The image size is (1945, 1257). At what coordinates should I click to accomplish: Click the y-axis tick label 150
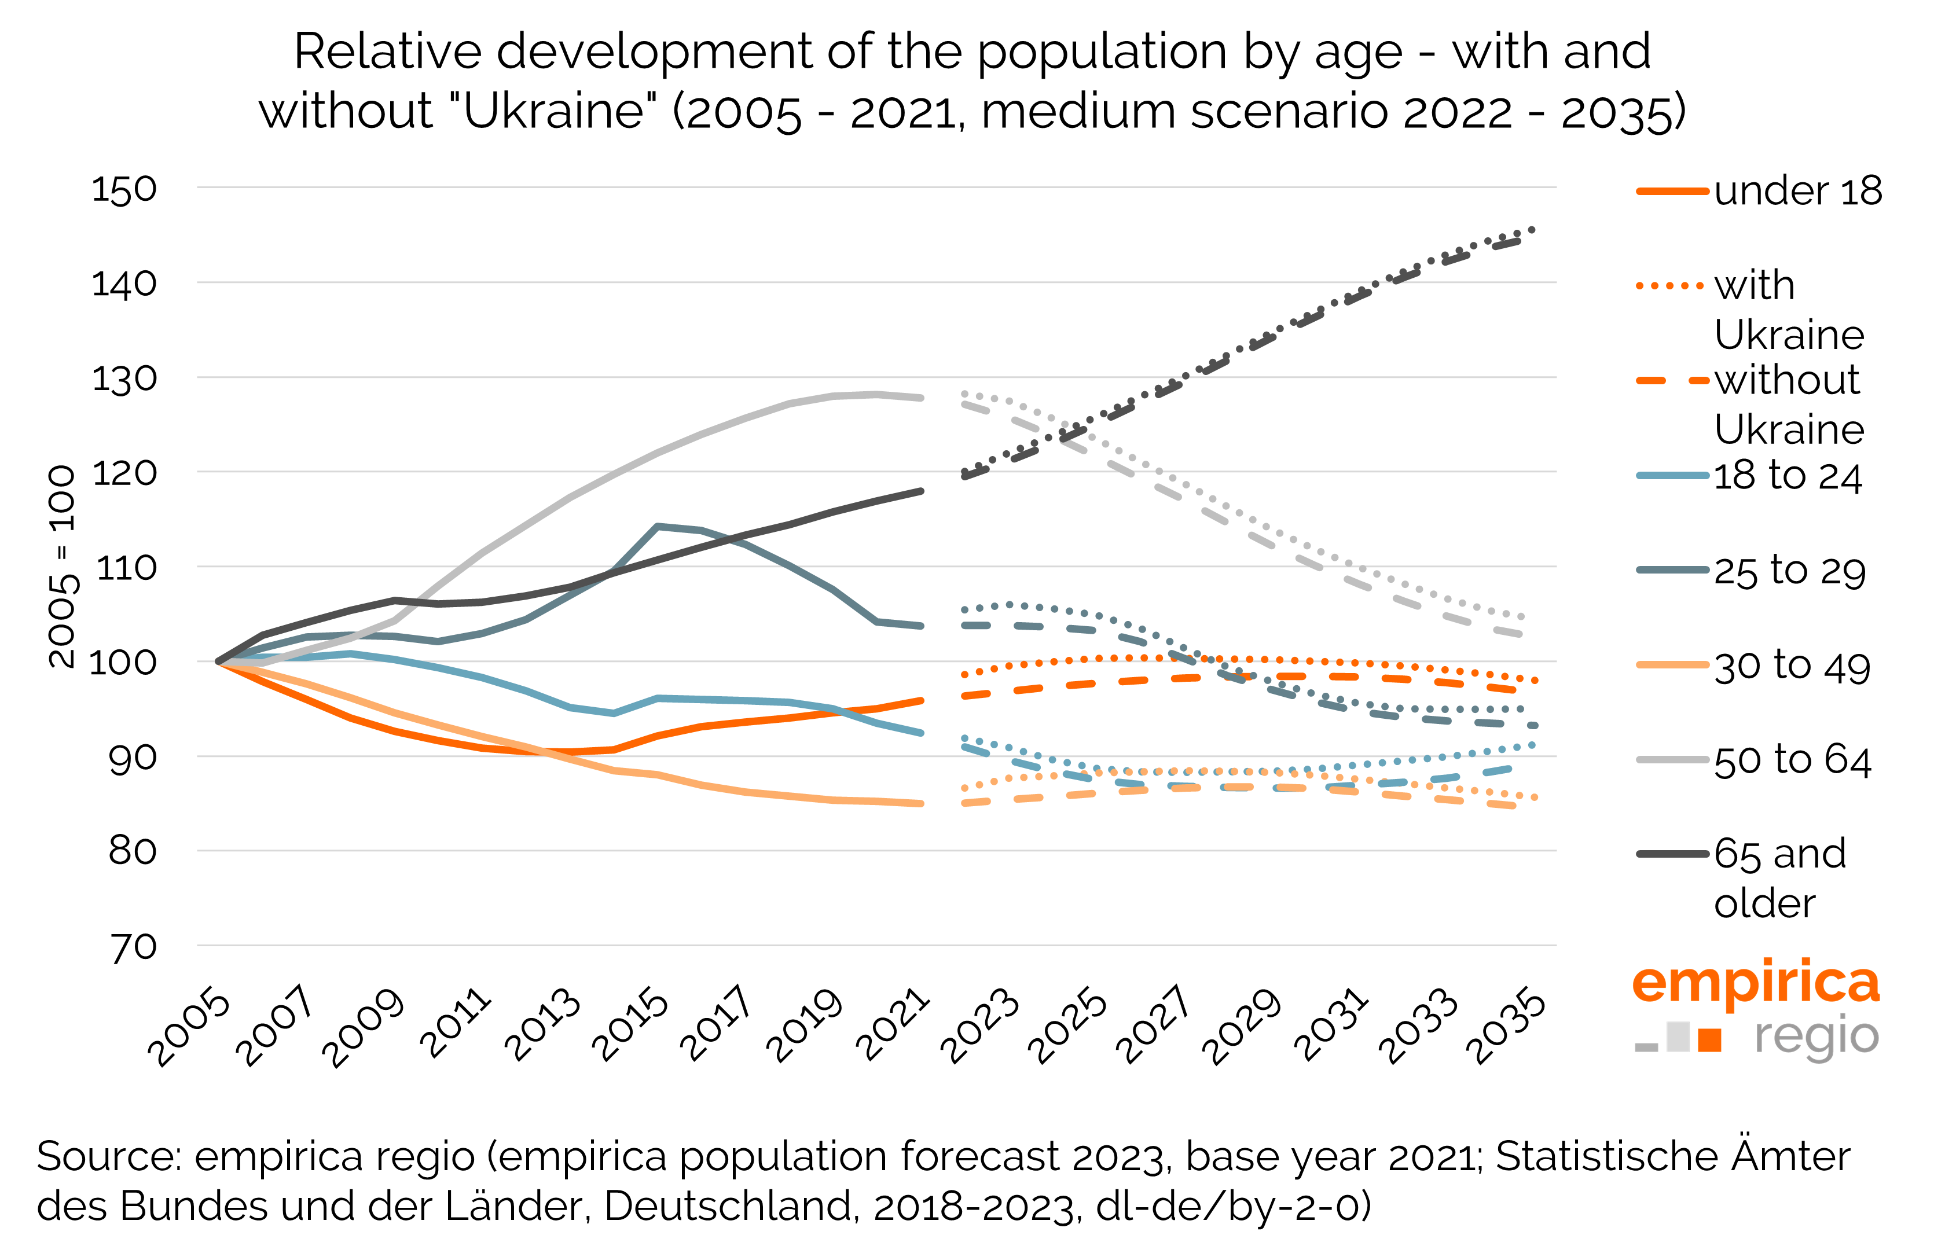124,189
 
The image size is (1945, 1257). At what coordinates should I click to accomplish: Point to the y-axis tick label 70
134,947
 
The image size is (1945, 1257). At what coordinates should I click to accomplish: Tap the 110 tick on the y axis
127,568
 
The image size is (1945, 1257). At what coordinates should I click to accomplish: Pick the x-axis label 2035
1505,1026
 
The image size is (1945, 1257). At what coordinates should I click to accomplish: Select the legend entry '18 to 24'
1788,476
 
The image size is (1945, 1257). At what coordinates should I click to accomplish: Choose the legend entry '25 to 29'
1789,571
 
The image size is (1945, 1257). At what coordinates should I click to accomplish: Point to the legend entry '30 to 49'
1792,666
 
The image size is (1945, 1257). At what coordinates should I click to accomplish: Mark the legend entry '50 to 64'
1792,760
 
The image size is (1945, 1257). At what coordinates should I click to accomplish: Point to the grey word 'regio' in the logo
1816,1037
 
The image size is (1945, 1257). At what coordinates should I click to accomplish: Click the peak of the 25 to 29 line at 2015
657,527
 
